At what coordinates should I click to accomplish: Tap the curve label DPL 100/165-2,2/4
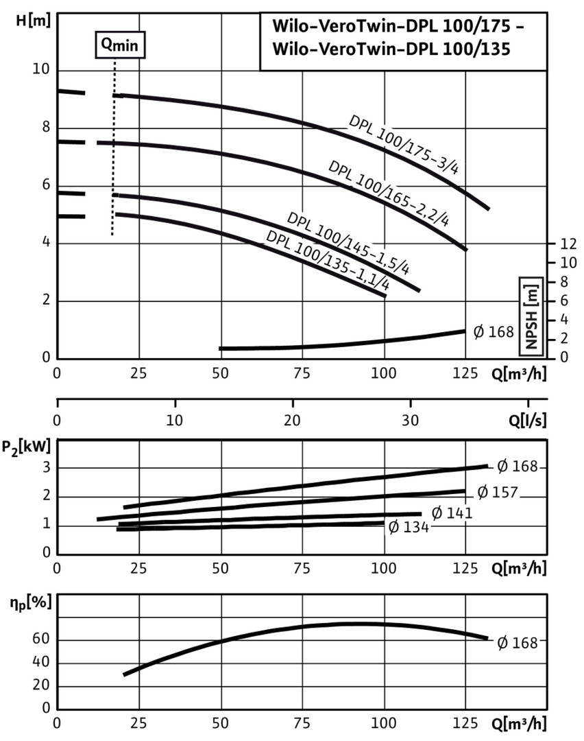pyautogui.click(x=388, y=195)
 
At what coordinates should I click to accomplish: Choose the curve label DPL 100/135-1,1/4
pyautogui.click(x=328, y=263)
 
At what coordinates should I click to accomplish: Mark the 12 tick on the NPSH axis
pyautogui.click(x=569, y=244)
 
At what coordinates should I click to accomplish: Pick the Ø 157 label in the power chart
pyautogui.click(x=496, y=493)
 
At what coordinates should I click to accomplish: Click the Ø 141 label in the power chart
pyautogui.click(x=450, y=513)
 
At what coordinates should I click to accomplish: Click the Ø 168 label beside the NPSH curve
pyautogui.click(x=494, y=333)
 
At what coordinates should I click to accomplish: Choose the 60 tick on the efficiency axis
pyautogui.click(x=41, y=640)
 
